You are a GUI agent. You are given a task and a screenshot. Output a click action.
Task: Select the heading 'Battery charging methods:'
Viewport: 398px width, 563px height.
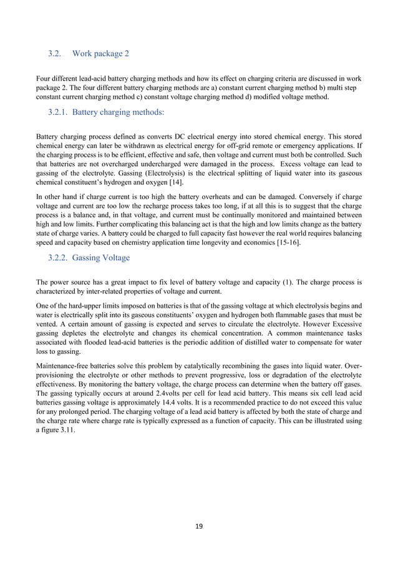pos(119,113)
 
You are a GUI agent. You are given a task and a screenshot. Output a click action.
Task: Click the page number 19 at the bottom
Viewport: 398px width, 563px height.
pos(199,526)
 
